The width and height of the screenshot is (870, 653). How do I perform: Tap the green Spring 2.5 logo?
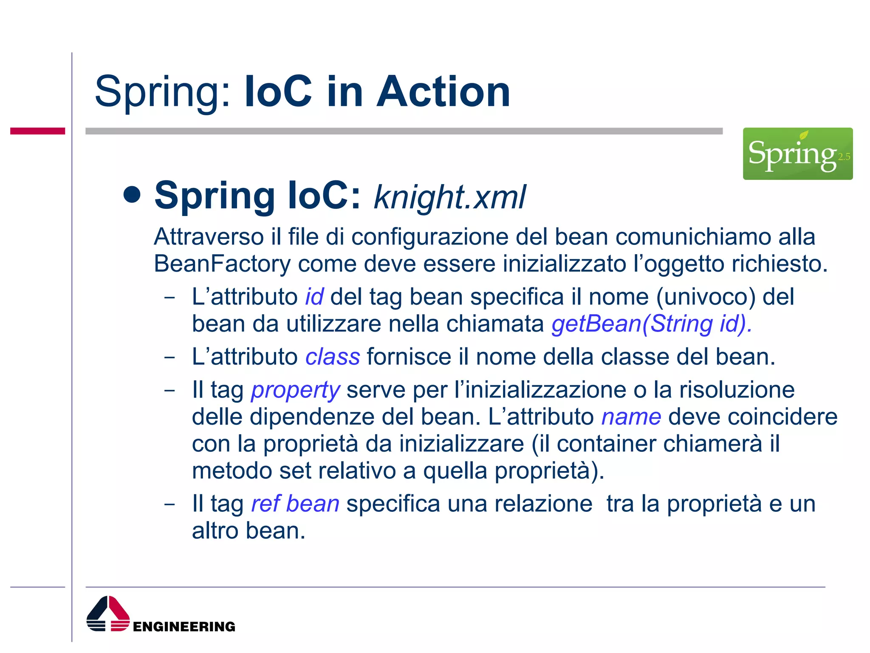point(797,153)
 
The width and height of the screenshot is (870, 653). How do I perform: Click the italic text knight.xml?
point(449,197)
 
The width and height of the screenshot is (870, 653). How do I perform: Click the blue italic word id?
point(314,297)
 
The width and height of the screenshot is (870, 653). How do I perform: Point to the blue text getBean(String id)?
point(652,324)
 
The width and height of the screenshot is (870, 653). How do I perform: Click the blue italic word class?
point(333,357)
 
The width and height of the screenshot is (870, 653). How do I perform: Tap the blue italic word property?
point(295,390)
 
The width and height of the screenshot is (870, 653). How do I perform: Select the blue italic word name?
point(631,417)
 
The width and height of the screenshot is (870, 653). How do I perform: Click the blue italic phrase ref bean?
point(295,504)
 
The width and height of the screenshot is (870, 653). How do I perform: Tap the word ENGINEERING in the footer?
point(184,627)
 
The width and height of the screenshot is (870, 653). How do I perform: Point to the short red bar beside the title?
point(37,131)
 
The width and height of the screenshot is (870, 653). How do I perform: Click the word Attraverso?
point(209,237)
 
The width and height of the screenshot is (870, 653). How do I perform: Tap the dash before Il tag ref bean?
point(169,504)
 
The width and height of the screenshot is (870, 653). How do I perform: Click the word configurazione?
point(430,237)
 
